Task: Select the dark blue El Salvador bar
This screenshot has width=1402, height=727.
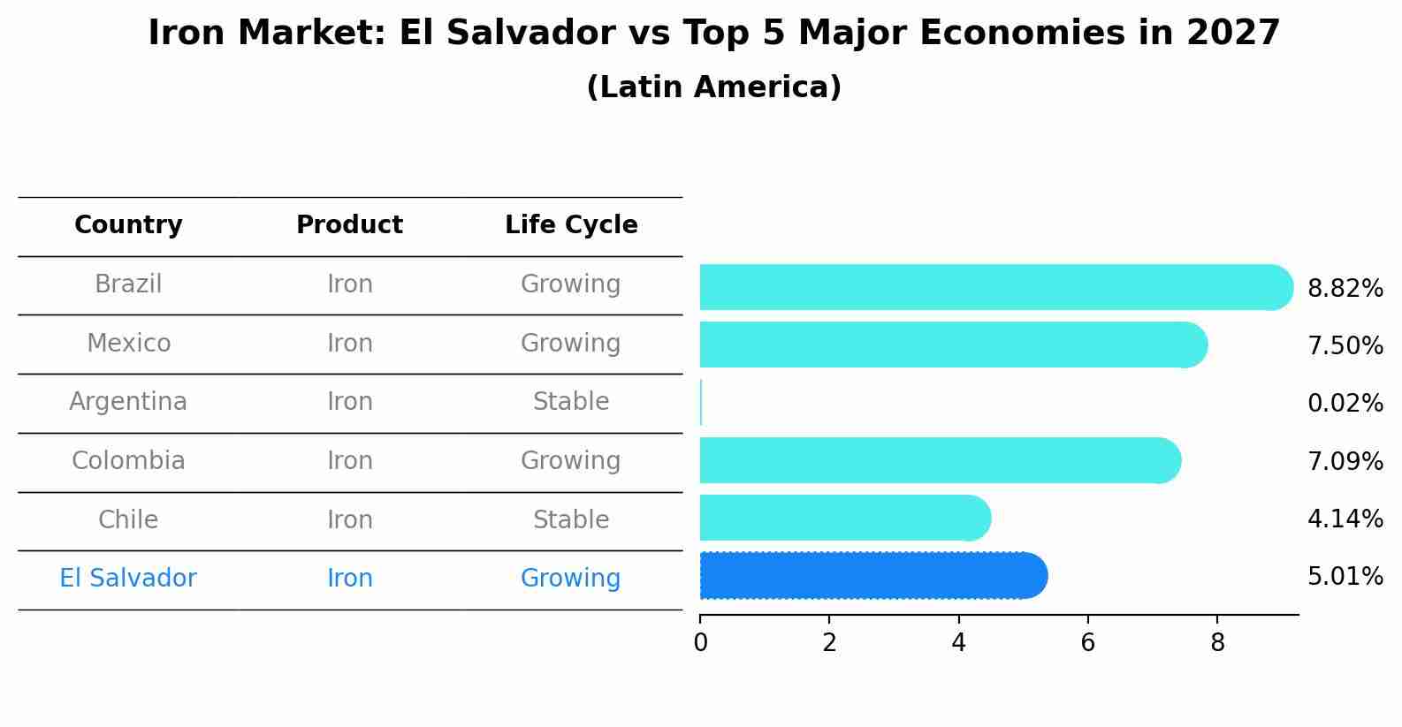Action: (x=871, y=576)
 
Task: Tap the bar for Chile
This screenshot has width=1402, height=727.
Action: (x=844, y=518)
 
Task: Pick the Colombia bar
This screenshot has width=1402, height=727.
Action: (x=937, y=460)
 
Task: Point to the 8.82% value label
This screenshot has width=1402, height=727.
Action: (x=1345, y=289)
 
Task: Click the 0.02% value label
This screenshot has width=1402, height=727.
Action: (x=1345, y=404)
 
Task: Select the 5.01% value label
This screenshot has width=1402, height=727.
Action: (x=1345, y=577)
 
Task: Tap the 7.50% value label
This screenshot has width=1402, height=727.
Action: (x=1345, y=346)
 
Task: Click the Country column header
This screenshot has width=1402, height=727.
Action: (x=128, y=225)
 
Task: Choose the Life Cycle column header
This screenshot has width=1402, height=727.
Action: (x=571, y=225)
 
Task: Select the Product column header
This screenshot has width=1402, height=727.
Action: (x=349, y=225)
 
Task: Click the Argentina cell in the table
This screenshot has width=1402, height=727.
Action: (x=128, y=402)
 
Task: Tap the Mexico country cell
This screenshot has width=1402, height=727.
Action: (x=128, y=343)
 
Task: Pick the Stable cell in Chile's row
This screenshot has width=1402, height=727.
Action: (x=571, y=519)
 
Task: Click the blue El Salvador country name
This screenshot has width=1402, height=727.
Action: (x=128, y=579)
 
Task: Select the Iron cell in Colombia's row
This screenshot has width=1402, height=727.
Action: (x=349, y=461)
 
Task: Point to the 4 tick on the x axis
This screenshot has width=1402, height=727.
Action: (x=958, y=642)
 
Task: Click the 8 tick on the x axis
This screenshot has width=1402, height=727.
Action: (x=1217, y=642)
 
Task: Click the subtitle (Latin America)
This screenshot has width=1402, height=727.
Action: (x=713, y=87)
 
